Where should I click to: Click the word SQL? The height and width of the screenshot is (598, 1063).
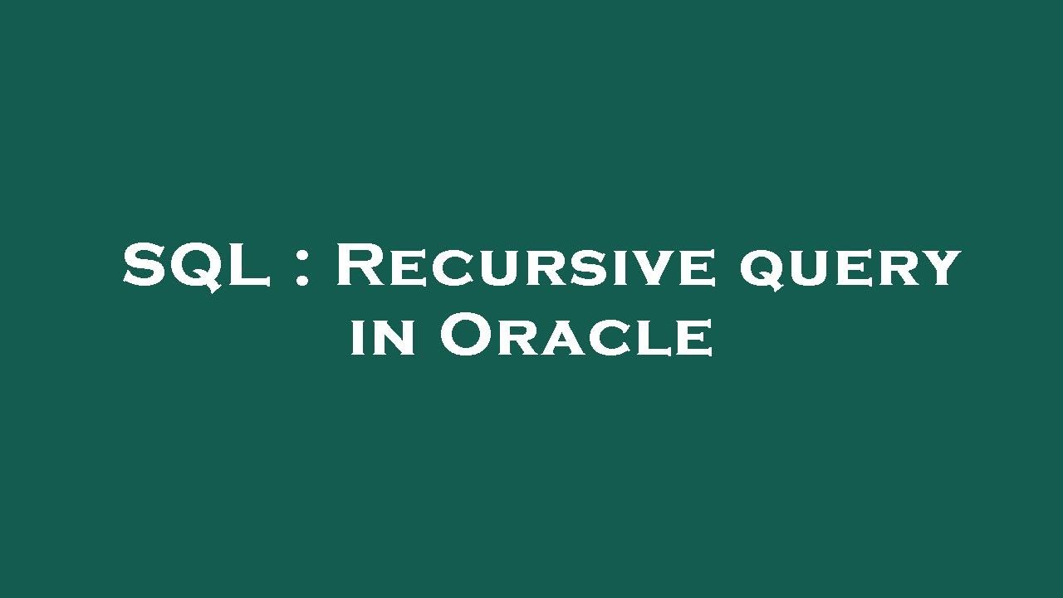click(x=197, y=266)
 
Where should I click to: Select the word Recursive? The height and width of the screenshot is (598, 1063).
click(x=526, y=266)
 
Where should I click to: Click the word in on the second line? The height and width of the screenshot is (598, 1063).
click(x=383, y=337)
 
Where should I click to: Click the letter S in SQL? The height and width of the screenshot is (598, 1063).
click(x=145, y=266)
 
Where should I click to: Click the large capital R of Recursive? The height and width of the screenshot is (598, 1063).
click(x=362, y=266)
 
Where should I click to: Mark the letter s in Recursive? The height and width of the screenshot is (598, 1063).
click(x=583, y=271)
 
